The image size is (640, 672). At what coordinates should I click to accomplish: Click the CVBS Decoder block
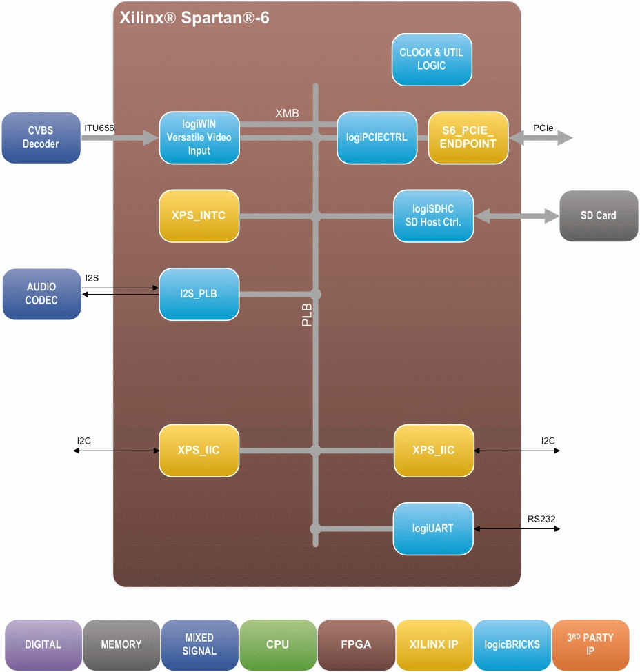coord(41,138)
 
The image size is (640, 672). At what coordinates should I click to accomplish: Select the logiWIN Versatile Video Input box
coord(199,137)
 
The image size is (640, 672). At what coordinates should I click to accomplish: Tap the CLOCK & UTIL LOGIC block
coord(432,59)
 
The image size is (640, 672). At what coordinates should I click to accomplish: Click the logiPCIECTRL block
coord(377,137)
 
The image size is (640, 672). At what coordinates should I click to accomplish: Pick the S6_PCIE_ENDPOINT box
coord(468,137)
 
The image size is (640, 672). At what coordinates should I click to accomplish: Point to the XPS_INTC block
coord(199,215)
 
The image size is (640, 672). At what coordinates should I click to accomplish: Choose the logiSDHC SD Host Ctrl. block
coord(434,215)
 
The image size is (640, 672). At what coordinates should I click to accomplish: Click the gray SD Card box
coord(598,216)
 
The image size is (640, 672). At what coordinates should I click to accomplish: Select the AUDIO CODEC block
coord(41,294)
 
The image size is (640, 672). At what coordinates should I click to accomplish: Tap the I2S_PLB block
coord(199,294)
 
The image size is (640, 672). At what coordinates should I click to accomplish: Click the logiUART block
coord(434,528)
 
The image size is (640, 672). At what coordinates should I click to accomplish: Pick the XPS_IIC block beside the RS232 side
coord(434,451)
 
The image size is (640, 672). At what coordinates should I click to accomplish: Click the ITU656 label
coord(99,128)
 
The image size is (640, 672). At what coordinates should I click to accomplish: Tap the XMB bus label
coord(287,113)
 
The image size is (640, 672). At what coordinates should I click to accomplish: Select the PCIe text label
coord(542,128)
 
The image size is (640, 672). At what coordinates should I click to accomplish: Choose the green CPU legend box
coord(277,644)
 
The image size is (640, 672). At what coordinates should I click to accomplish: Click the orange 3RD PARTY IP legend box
coord(590,644)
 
